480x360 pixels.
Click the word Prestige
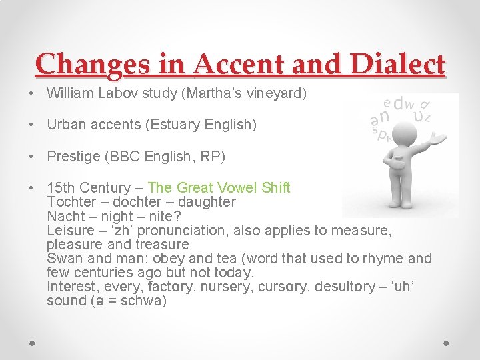coord(70,157)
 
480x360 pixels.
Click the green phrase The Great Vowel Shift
coord(219,188)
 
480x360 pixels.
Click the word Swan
coord(63,259)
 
